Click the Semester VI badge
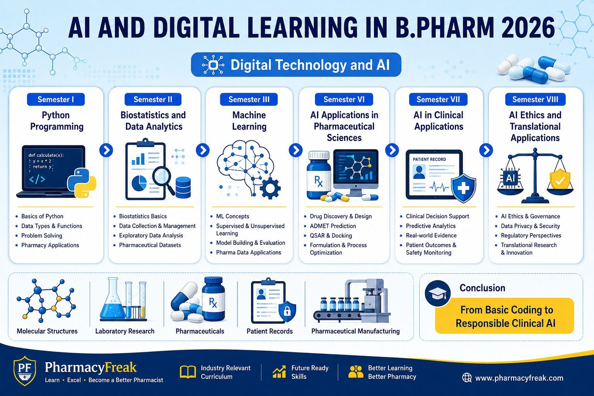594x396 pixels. pyautogui.click(x=344, y=99)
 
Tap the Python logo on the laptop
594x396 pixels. pyautogui.click(x=82, y=183)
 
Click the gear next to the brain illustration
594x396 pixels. pyautogui.click(x=270, y=188)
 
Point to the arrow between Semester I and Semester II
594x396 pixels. pyautogui.click(x=106, y=150)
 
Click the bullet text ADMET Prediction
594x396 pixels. pyautogui.click(x=333, y=226)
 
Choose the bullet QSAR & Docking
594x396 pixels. pyautogui.click(x=331, y=236)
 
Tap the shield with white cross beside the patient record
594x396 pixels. pyautogui.click(x=464, y=188)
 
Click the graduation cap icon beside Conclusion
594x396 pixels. pyautogui.click(x=437, y=293)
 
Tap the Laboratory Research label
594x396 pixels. pyautogui.click(x=125, y=331)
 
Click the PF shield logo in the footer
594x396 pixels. pyautogui.click(x=25, y=370)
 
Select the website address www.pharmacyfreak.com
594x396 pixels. pyautogui.click(x=519, y=378)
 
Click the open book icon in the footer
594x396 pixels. pyautogui.click(x=188, y=372)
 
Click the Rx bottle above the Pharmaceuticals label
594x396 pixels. pyautogui.click(x=213, y=299)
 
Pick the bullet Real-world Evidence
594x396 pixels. pyautogui.click(x=431, y=236)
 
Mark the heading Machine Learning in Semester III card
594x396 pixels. pyautogui.click(x=249, y=121)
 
